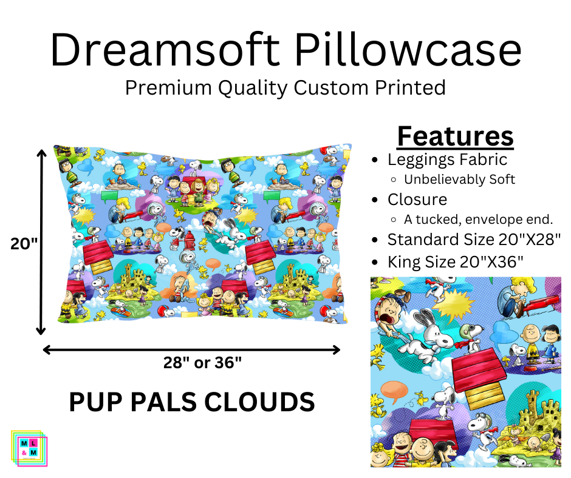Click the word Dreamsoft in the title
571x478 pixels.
point(165,50)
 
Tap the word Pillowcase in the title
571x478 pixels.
point(408,50)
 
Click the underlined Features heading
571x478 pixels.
point(455,136)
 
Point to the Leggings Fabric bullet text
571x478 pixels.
point(447,160)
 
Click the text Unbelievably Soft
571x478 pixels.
point(460,180)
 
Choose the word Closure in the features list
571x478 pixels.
point(417,200)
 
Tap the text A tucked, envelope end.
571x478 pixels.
point(479,220)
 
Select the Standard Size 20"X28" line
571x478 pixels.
point(474,240)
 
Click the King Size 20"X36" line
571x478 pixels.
point(455,262)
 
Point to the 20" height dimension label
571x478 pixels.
point(24,243)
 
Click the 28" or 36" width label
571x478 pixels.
point(202,363)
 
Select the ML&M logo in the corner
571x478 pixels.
point(29,448)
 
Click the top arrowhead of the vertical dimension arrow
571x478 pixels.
point(41,153)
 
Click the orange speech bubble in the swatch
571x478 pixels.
point(394,391)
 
